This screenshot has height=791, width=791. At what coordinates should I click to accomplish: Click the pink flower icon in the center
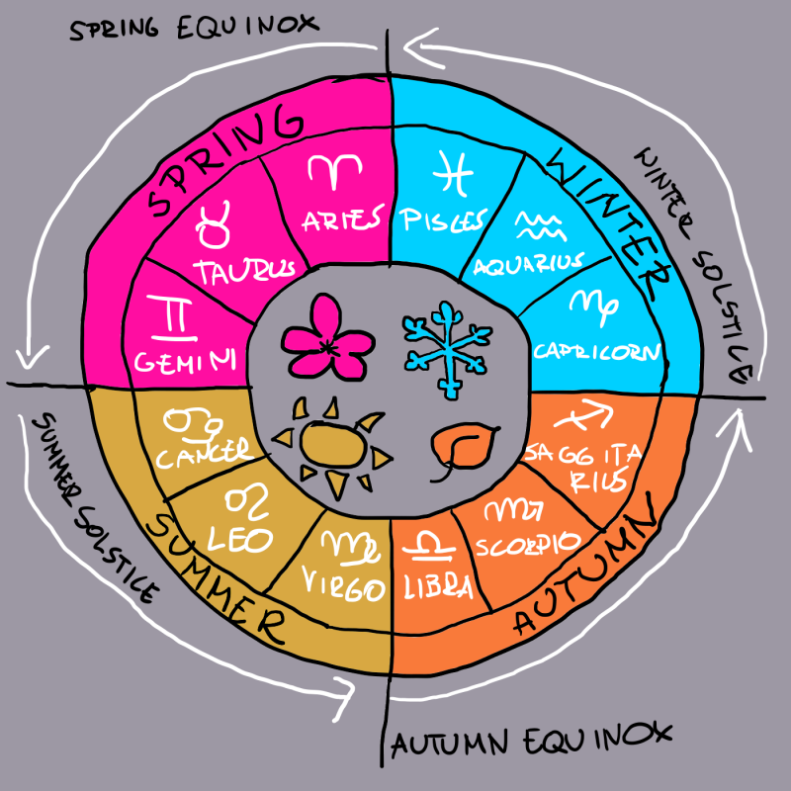point(325,337)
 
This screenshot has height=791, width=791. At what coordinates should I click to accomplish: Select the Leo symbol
point(244,506)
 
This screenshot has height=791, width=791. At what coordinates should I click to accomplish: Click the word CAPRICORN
point(595,351)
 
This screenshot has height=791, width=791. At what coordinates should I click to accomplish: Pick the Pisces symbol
point(452,175)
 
